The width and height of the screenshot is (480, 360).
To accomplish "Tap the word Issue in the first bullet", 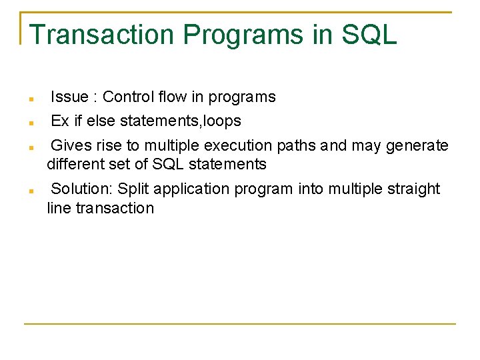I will click(x=69, y=97).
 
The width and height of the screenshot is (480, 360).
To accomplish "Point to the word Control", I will click(x=129, y=97).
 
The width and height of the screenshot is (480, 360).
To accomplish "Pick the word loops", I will click(x=221, y=121).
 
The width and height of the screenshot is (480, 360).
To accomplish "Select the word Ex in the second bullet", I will click(x=60, y=121).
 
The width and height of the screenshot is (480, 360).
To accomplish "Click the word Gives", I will click(x=71, y=145).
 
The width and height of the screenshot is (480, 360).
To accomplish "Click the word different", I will click(x=75, y=164).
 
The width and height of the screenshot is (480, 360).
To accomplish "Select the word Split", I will click(x=132, y=189).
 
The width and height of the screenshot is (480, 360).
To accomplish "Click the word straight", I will click(x=413, y=189).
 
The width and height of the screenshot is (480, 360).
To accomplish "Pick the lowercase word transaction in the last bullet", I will click(x=115, y=208).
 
